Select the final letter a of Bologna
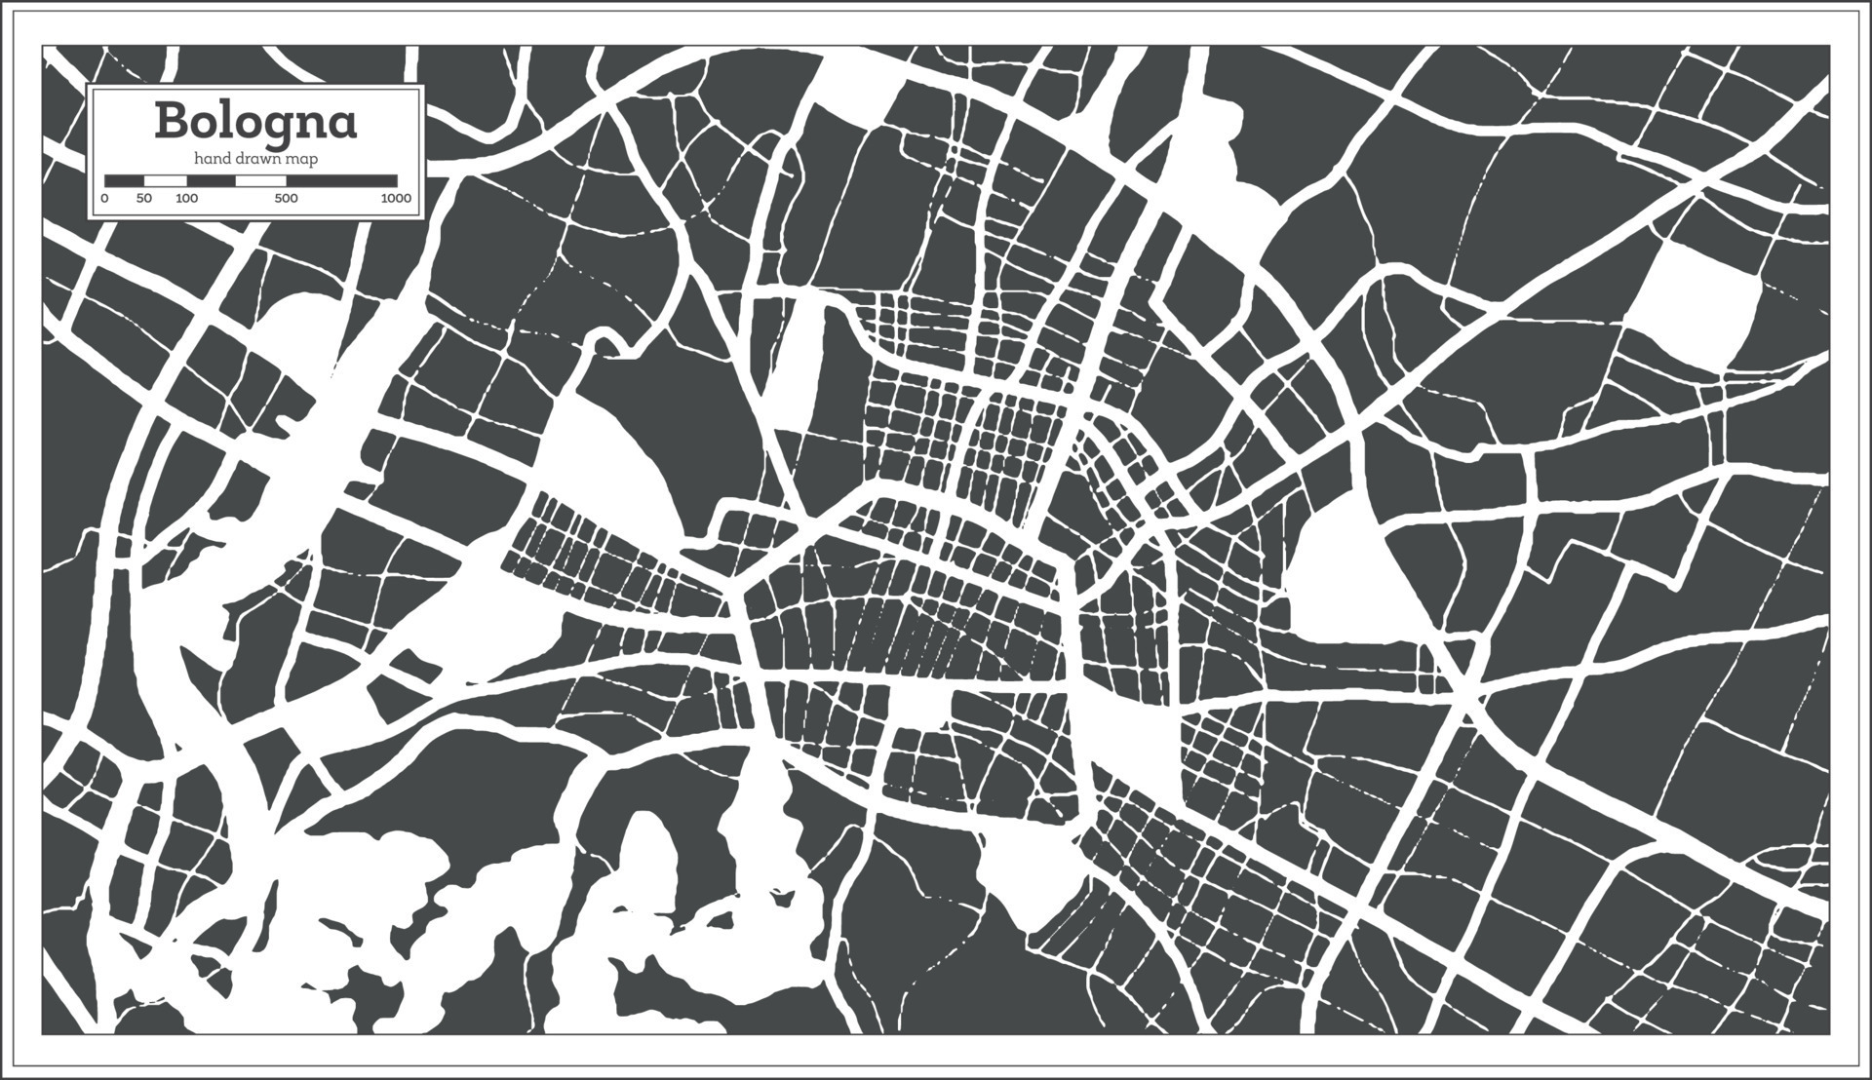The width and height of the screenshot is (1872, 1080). point(342,124)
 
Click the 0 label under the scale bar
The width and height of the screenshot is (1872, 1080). point(104,199)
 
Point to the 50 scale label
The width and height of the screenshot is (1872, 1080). point(144,199)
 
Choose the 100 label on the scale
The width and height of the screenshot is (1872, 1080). point(186,199)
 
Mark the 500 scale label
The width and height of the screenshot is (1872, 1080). point(286,199)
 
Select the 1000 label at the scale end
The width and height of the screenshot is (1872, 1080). point(396,199)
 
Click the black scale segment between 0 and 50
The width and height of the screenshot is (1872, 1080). point(124,180)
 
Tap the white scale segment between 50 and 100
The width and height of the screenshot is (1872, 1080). point(165,180)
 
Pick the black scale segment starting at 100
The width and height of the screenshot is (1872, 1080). point(212,180)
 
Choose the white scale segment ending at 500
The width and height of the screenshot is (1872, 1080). point(261,180)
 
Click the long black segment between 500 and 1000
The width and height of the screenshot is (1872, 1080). point(341,180)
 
